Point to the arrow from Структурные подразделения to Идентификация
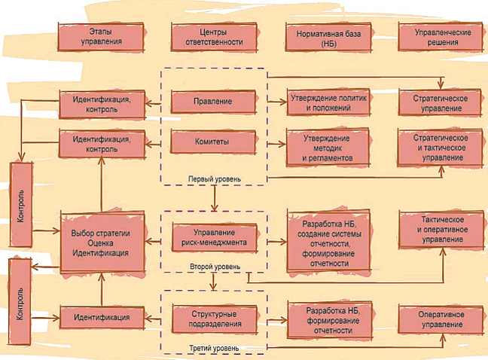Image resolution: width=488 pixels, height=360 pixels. click(x=157, y=318)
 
